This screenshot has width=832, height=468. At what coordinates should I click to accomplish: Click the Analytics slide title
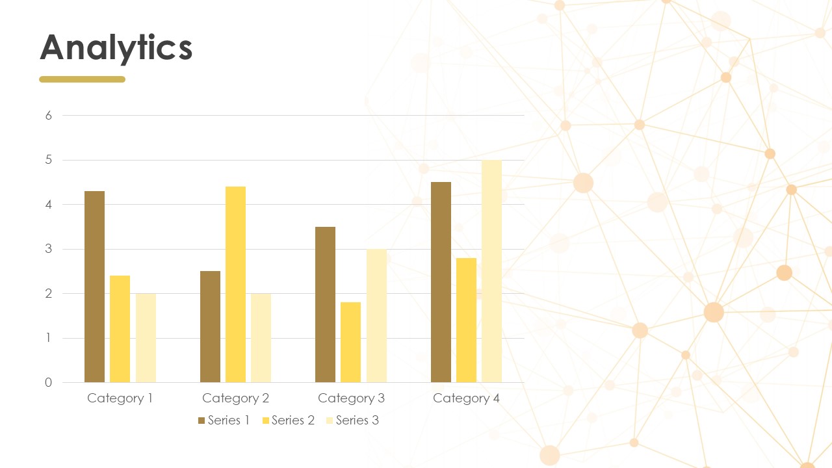116,48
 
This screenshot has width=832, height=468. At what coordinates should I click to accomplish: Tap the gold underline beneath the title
82,79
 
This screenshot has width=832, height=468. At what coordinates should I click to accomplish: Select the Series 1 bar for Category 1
94,287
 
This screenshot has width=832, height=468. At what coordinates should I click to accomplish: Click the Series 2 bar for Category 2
235,285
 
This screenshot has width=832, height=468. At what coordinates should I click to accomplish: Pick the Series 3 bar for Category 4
492,271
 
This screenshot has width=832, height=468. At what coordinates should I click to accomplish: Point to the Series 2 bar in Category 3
350,343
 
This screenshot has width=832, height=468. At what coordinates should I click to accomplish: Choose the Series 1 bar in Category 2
210,327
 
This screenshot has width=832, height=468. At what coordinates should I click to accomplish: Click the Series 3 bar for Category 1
146,338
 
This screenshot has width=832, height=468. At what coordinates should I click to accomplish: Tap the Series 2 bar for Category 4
466,320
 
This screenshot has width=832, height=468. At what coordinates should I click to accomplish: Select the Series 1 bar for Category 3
326,305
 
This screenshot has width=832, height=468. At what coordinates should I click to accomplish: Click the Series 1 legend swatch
201,421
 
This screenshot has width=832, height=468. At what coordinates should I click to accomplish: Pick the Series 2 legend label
293,420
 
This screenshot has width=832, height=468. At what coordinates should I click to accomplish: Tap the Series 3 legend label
357,420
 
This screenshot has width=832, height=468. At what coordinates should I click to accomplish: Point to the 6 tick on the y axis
49,116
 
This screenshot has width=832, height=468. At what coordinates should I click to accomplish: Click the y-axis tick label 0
48,383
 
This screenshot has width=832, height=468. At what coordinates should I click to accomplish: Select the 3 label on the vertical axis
48,249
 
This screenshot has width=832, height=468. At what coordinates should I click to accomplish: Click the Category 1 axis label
120,398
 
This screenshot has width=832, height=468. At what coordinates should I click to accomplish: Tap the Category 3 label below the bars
351,398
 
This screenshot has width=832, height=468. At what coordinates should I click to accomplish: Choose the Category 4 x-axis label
466,398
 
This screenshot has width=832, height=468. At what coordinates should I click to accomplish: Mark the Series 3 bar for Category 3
376,316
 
